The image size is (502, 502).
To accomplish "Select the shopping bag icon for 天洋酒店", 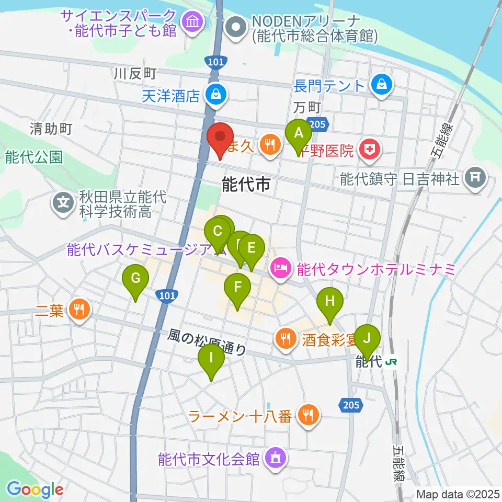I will pos(215,95).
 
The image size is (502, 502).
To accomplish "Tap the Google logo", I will pos(35,489).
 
